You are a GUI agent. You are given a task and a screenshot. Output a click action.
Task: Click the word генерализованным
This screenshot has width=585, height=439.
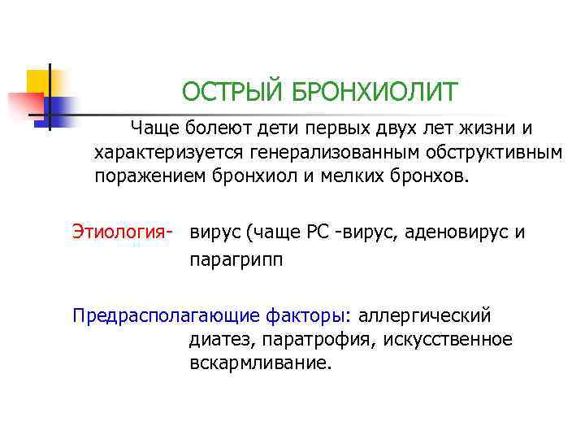point(334,153)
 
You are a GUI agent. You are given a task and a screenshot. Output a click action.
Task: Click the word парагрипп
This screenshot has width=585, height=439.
point(236,261)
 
